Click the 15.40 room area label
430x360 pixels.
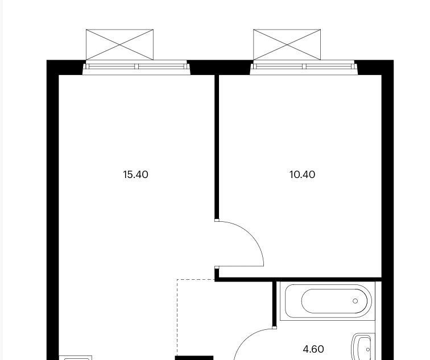136,175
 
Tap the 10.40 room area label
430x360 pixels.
302,175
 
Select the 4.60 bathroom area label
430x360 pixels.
313,349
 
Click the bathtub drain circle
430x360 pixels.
355,301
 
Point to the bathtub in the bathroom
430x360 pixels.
328,301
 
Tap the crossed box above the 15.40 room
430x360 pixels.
119,44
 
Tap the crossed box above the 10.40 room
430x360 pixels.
287,44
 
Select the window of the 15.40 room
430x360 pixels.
137,68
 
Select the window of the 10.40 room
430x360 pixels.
304,68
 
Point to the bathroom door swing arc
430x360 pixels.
247,337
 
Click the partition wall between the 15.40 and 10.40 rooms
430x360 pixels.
217,147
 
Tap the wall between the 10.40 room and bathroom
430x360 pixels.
298,279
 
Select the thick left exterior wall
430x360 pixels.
53,210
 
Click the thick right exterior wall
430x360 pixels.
388,210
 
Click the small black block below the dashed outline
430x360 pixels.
194,358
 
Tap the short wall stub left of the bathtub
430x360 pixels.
274,304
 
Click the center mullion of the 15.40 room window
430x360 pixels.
137,67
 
